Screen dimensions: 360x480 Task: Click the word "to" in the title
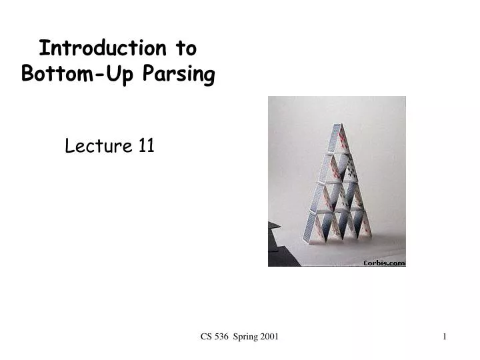tap(186, 49)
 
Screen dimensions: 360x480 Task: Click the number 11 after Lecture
tap(147, 145)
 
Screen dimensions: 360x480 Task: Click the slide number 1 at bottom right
tap(444, 338)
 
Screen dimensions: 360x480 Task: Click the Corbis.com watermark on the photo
tap(383, 263)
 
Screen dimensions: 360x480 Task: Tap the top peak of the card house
tap(337, 125)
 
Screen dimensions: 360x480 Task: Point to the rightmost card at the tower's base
tap(365, 224)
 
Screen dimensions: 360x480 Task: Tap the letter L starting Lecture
tap(69, 145)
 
